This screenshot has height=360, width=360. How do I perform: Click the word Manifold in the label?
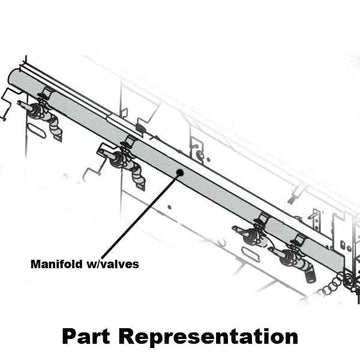pos(51,265)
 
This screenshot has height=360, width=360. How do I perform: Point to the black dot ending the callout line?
pos(178,171)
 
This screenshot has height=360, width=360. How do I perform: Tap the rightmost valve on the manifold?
pos(296,256)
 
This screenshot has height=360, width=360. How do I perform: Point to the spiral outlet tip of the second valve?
pos(138,180)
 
